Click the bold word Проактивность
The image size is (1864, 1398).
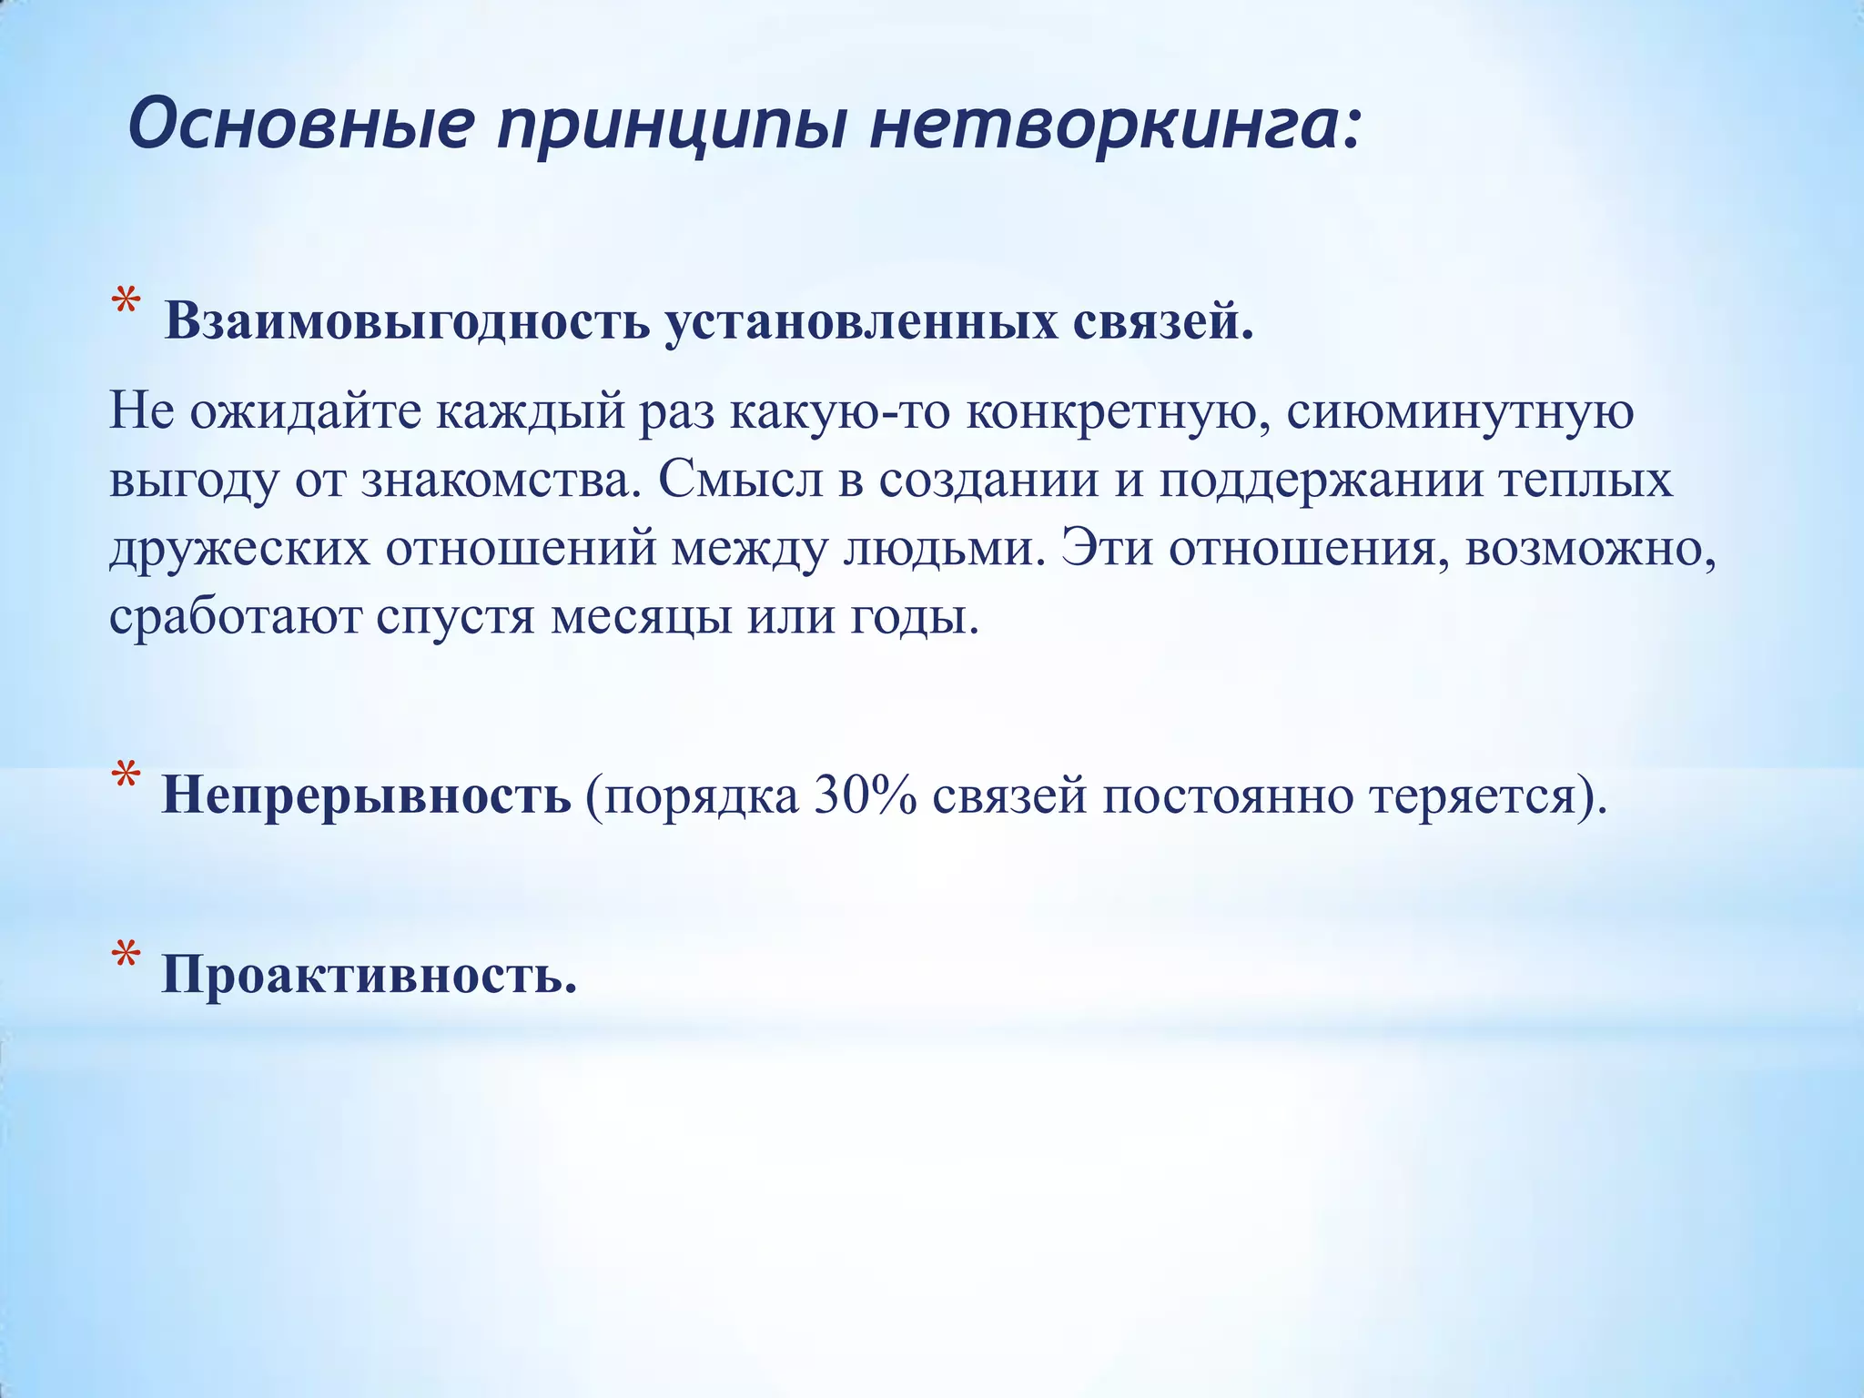pyautogui.click(x=370, y=975)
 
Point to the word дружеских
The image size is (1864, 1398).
pyautogui.click(x=239, y=548)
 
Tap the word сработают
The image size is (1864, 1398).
pyautogui.click(x=235, y=617)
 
